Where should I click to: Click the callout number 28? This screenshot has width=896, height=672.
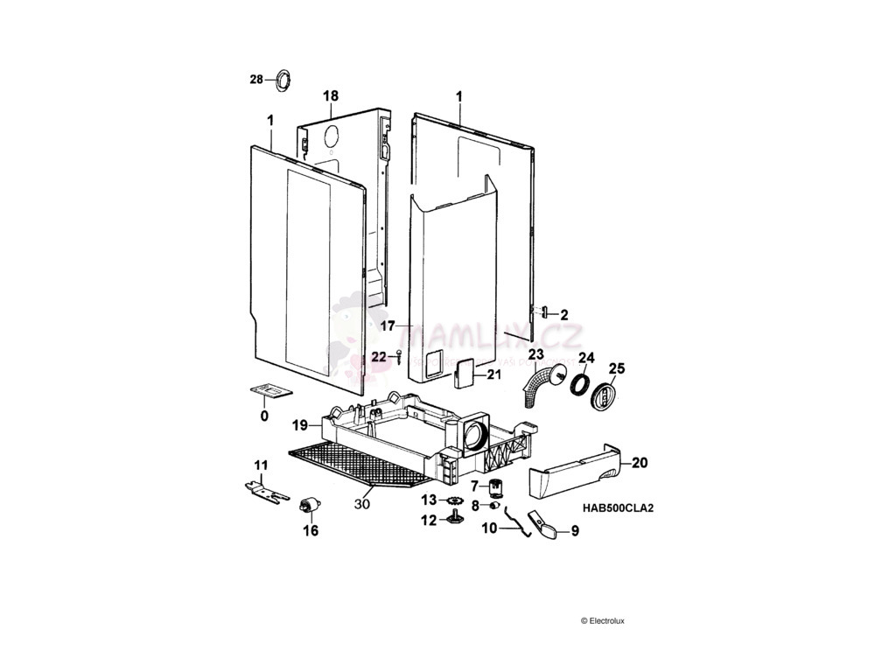tap(255, 80)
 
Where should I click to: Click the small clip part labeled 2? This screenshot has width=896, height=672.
tap(543, 311)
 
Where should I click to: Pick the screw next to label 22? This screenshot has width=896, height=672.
tap(398, 356)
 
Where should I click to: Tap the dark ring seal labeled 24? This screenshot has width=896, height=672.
tap(579, 384)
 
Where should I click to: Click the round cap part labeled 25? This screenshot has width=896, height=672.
tap(605, 396)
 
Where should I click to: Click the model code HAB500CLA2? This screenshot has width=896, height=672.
tap(619, 507)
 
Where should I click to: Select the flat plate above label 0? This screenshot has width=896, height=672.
tap(268, 390)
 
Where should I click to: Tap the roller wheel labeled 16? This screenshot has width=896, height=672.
tap(309, 506)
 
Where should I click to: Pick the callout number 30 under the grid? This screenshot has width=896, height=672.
tap(362, 504)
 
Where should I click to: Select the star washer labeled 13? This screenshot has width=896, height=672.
tap(454, 500)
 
